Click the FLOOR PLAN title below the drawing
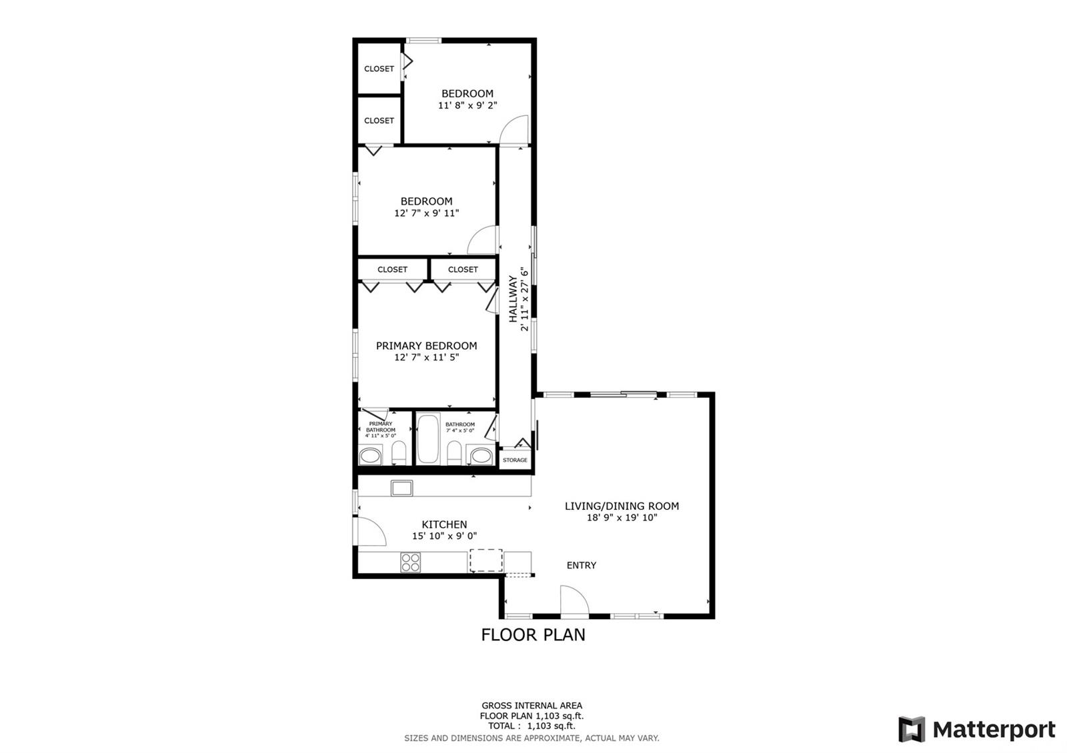coord(533,634)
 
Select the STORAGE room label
coord(515,460)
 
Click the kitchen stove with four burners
coord(411,562)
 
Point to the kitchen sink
coord(401,488)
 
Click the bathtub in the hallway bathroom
coord(427,439)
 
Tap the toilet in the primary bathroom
coord(399,452)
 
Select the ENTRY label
coord(581,566)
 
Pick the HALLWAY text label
coord(513,299)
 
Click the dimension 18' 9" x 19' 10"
coord(622,518)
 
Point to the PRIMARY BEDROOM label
coord(426,346)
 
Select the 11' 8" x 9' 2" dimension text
coord(467,106)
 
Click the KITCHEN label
coord(444,524)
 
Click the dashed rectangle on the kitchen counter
coord(486,560)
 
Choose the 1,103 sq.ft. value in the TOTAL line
coord(551,726)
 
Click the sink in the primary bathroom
coord(370,456)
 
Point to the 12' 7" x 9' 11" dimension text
coord(426,213)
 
